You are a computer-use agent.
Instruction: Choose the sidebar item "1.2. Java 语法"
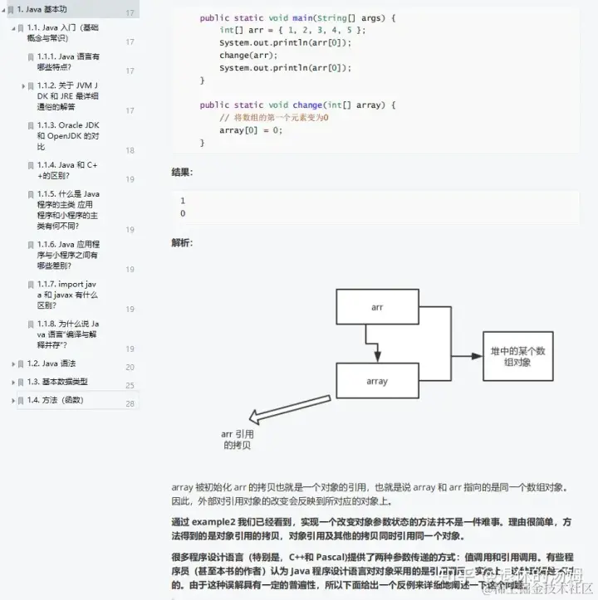tap(51, 363)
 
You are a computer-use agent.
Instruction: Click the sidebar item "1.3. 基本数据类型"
tap(57, 382)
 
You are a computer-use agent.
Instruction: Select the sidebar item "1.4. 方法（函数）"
tap(55, 400)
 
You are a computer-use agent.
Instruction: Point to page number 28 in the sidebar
tap(130, 404)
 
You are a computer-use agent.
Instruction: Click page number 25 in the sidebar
tap(130, 386)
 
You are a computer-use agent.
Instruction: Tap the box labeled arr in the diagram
tap(377, 308)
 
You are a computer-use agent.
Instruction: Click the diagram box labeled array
tap(377, 382)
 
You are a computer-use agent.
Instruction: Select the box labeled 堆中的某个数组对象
tap(517, 357)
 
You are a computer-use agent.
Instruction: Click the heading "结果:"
tap(182, 172)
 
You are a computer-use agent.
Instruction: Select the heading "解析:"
tap(182, 242)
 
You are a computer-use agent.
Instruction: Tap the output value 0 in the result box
tap(183, 213)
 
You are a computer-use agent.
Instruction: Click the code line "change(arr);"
tap(245, 56)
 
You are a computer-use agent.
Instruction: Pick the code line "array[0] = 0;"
tap(251, 130)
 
